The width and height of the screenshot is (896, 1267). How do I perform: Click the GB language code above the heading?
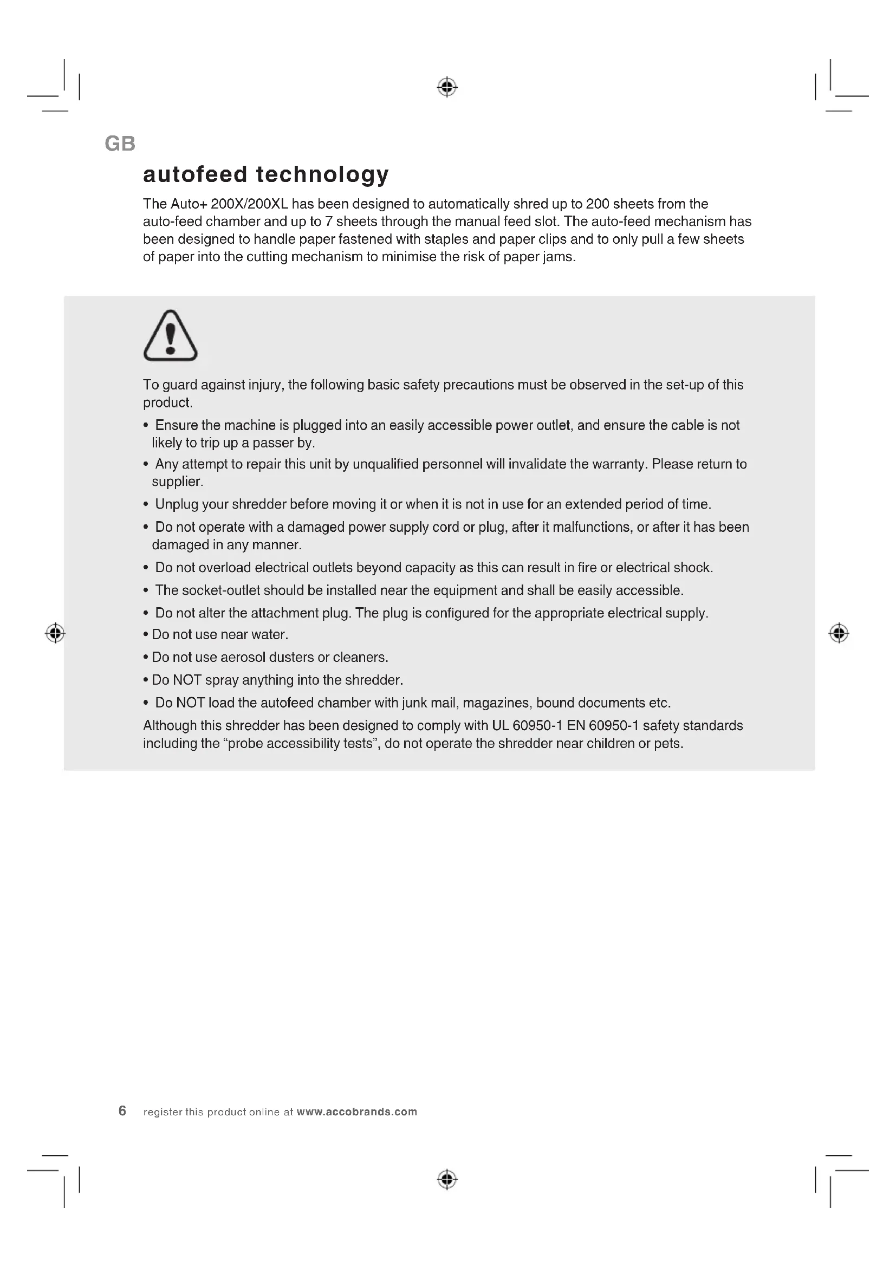120,144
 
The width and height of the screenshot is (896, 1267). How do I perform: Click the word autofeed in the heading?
195,174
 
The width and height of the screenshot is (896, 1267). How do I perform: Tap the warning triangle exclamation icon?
170,336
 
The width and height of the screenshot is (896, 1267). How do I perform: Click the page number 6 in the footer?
122,1111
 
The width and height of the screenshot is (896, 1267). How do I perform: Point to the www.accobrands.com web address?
356,1112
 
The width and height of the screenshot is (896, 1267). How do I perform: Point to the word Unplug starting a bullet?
174,504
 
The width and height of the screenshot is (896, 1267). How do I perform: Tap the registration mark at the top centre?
447,87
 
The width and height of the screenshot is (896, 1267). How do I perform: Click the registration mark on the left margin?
55,633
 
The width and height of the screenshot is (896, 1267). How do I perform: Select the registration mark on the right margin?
839,633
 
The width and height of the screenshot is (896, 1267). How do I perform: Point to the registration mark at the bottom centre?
447,1179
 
